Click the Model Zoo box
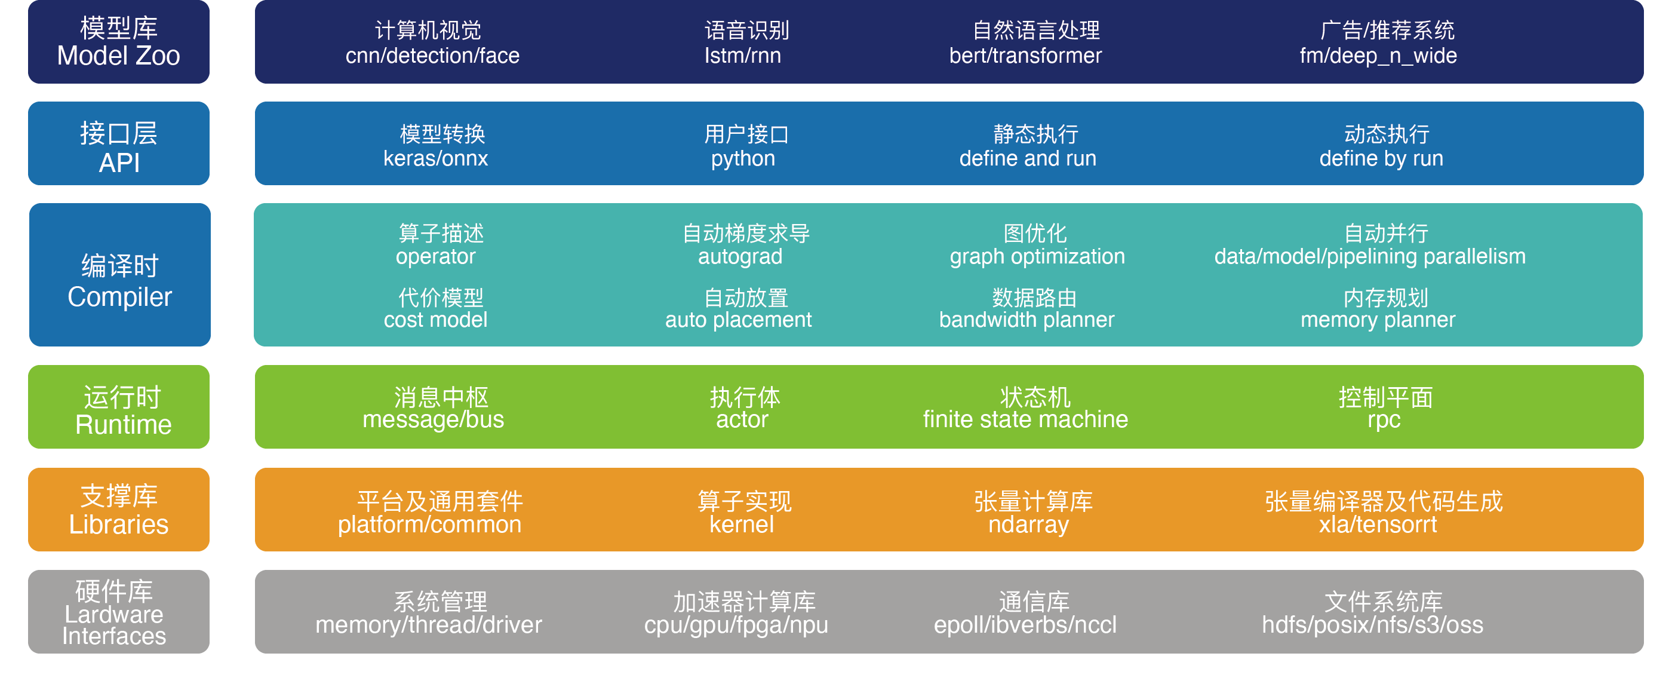119,42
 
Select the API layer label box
119,143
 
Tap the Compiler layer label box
120,275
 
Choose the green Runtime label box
119,407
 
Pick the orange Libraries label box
119,510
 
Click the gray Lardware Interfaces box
119,612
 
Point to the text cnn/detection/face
432,56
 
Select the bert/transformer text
1025,56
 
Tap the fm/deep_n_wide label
1378,56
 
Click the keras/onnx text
435,158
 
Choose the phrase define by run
1381,158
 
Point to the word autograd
740,256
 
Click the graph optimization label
1037,256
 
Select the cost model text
435,320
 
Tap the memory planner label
1378,320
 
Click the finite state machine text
1025,419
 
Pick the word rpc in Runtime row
1384,419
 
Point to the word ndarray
1028,524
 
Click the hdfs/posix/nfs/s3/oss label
1372,625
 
